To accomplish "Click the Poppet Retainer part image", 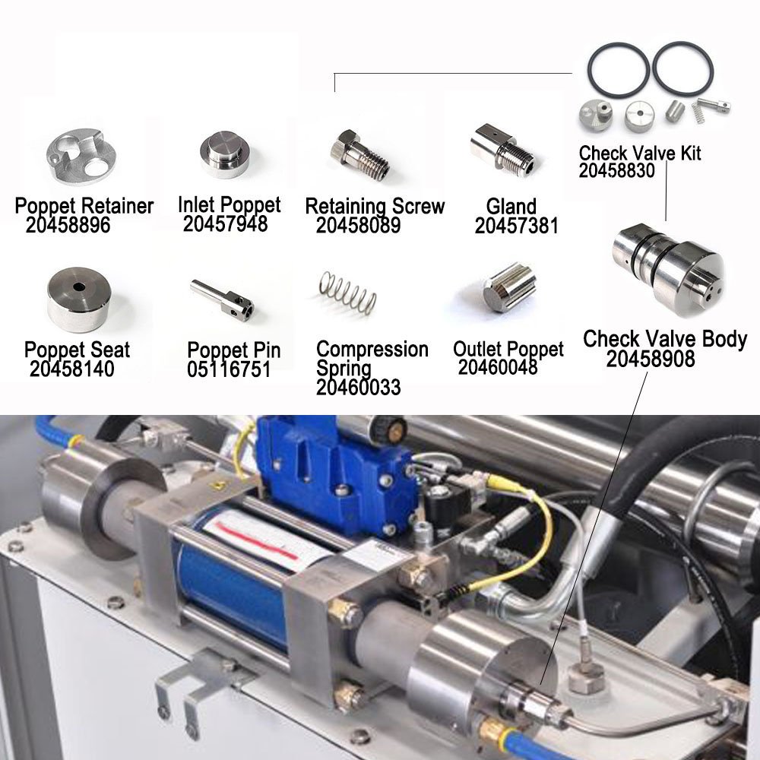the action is click(x=81, y=156).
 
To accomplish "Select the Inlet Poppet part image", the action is click(x=225, y=154).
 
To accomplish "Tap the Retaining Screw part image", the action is click(x=359, y=154).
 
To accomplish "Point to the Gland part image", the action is click(x=502, y=147).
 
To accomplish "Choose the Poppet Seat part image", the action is click(x=79, y=299).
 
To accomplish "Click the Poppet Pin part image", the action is click(x=221, y=298).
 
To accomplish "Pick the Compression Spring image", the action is click(x=347, y=292).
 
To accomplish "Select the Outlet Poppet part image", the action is click(x=509, y=288).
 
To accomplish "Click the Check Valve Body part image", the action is click(x=668, y=268).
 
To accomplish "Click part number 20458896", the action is click(x=68, y=226).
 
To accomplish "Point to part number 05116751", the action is click(x=229, y=369).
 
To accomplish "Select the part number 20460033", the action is click(x=358, y=388).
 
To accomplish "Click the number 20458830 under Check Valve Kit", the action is click(x=616, y=170).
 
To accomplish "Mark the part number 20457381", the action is click(x=517, y=226).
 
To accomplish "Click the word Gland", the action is click(x=511, y=207).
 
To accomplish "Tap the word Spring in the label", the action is click(x=344, y=369).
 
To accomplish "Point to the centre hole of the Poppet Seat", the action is click(x=79, y=287).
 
